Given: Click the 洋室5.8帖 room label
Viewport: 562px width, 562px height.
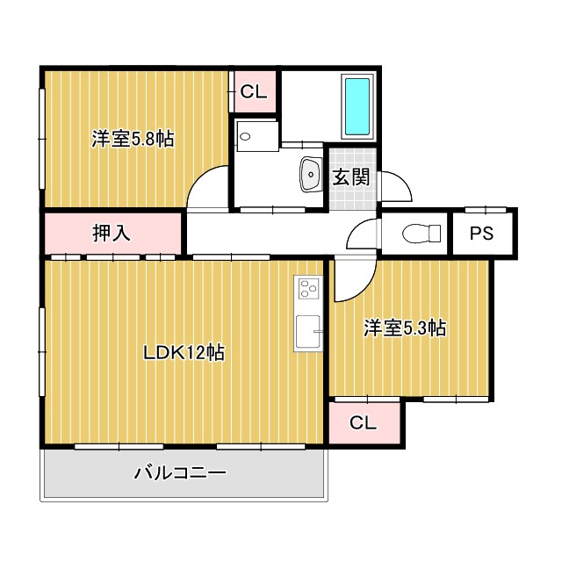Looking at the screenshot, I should pyautogui.click(x=133, y=139).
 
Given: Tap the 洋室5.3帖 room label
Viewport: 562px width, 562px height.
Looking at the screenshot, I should pyautogui.click(x=407, y=328).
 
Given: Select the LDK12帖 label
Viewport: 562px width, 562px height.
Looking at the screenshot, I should pyautogui.click(x=184, y=353).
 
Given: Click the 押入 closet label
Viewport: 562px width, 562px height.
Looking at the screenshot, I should pyautogui.click(x=112, y=233).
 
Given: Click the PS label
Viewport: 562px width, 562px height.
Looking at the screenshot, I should pyautogui.click(x=480, y=234).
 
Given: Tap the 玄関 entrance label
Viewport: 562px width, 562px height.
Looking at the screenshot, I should pyautogui.click(x=350, y=177).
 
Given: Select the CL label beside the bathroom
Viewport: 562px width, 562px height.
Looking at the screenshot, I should pyautogui.click(x=253, y=90).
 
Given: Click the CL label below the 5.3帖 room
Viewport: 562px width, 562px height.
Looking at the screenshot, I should pyautogui.click(x=363, y=422).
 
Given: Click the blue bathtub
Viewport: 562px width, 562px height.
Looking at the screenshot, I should pyautogui.click(x=357, y=106).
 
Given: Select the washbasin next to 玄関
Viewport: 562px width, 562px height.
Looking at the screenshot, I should pyautogui.click(x=310, y=174).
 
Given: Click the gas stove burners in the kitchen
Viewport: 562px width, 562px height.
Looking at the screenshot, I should pyautogui.click(x=308, y=287).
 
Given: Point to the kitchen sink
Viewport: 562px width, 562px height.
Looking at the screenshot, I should pyautogui.click(x=308, y=331).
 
